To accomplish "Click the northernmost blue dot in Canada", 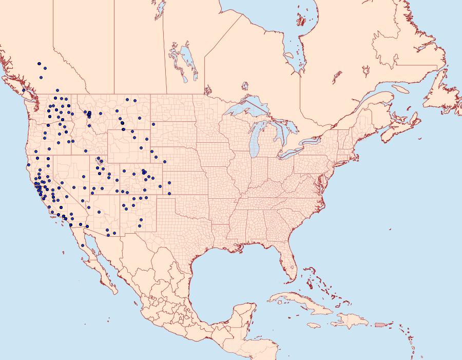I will tap(39, 64).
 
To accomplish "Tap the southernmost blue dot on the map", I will tap(83, 245).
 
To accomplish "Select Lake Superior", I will tap(246, 108).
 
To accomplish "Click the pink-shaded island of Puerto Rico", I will tap(380, 324).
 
